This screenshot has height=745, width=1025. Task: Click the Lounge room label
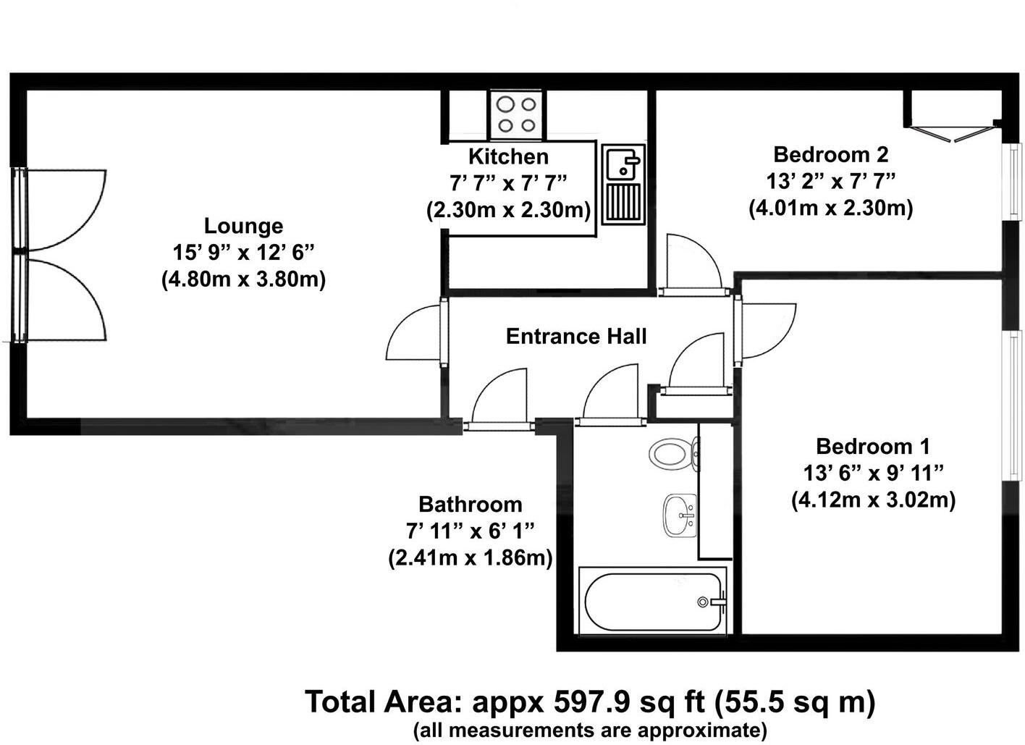243,226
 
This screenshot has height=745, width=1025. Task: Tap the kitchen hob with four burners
516,114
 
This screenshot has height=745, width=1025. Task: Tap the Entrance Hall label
575,336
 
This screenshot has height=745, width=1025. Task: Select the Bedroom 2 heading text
830,154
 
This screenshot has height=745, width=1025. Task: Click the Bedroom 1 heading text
872,446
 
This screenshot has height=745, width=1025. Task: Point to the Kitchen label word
508,156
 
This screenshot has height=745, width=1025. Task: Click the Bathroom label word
470,504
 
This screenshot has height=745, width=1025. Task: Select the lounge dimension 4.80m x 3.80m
243,279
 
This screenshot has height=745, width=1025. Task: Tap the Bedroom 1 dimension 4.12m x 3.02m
873,500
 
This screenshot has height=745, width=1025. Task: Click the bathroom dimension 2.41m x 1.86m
471,558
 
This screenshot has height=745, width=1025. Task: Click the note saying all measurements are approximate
590,730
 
